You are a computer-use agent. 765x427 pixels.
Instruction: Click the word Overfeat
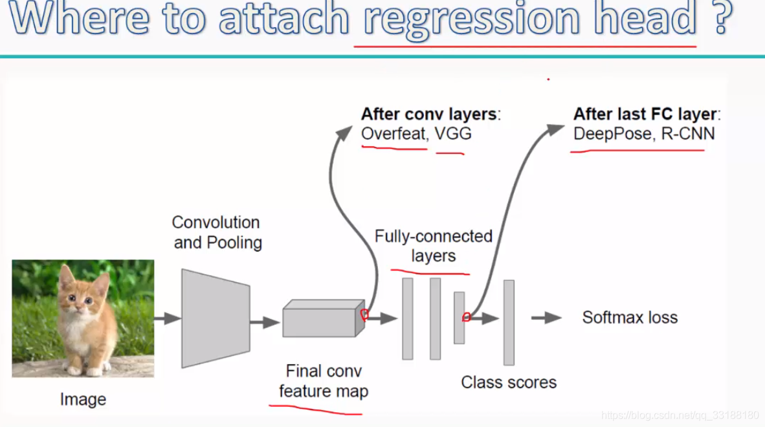394,134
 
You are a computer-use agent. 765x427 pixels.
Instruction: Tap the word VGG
453,134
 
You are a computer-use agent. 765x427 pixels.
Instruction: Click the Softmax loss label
629,318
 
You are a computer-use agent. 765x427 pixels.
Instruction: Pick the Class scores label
509,382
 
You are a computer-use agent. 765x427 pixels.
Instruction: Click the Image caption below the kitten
83,399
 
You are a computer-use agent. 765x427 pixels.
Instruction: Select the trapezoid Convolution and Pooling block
216,318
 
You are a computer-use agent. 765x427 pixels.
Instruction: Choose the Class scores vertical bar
509,322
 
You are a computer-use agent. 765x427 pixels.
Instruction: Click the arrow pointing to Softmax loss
546,318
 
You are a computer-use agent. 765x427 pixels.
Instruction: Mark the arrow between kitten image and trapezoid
167,318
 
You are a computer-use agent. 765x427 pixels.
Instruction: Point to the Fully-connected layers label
434,246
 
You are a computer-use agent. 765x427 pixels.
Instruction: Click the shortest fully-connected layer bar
459,318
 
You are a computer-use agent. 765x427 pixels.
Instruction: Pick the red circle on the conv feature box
364,315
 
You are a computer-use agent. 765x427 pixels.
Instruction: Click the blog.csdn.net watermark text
680,415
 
